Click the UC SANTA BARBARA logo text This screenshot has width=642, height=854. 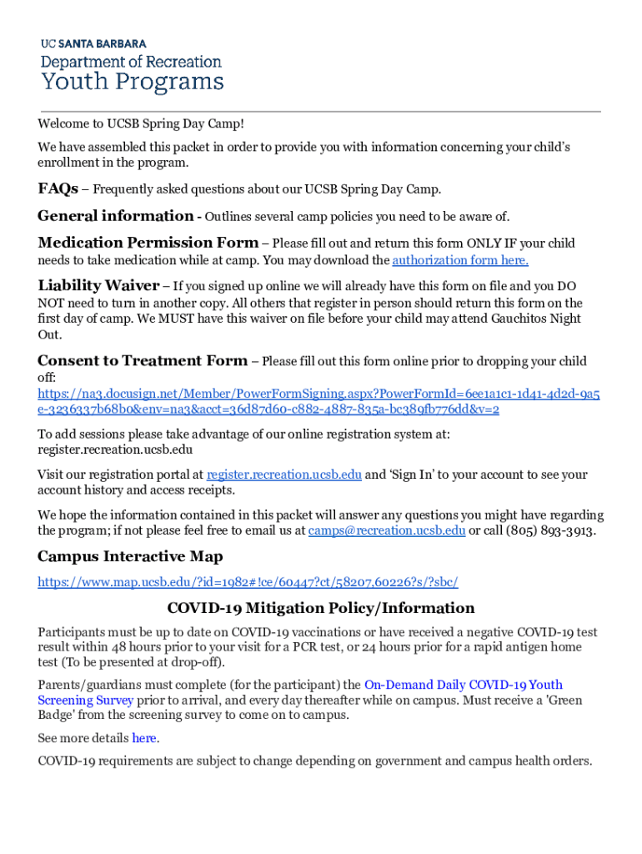[93, 43]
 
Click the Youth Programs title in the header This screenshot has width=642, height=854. [133, 82]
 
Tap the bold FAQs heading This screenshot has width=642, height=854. [58, 188]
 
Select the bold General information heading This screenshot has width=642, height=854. [115, 216]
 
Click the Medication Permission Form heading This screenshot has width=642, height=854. [148, 243]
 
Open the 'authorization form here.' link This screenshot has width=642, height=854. [460, 260]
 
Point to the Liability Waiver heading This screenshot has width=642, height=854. [98, 285]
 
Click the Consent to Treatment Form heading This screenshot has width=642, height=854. [143, 361]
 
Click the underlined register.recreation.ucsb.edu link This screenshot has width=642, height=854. [284, 475]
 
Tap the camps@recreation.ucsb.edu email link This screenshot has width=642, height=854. [387, 530]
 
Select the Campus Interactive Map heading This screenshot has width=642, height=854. [130, 556]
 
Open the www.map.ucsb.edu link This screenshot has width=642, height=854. [248, 582]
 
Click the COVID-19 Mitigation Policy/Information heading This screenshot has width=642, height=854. [321, 608]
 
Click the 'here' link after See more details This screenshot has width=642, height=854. [144, 738]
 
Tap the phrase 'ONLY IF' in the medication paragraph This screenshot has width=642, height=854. [492, 244]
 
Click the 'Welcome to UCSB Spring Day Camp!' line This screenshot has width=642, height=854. [141, 124]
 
